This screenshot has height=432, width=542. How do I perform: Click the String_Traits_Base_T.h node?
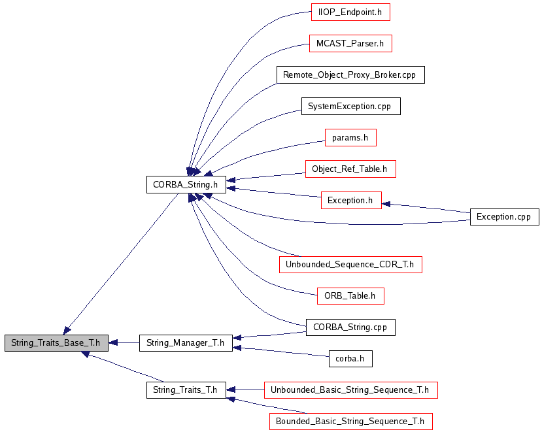coord(56,342)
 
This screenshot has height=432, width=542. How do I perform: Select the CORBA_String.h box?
coord(186,185)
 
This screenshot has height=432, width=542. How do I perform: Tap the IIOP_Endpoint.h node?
coord(350,12)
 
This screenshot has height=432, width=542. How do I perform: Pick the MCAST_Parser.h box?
coord(350,44)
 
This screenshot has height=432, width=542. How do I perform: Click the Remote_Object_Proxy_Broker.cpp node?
coord(350,75)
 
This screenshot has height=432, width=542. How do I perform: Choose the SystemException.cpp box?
coord(350,107)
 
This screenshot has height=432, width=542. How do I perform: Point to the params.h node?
coord(350,138)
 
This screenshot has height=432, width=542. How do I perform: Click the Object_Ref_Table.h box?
coord(350,169)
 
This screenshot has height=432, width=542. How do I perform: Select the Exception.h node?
coord(350,201)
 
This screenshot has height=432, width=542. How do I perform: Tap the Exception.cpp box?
coord(504,216)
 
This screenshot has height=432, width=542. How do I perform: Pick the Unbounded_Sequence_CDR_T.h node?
coord(350,264)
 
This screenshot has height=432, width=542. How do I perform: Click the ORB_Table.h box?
coord(350,295)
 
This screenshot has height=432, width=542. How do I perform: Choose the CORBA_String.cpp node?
coord(350,327)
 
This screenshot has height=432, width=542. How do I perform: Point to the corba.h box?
coord(350,358)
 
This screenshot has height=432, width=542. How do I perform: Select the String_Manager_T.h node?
coord(186,342)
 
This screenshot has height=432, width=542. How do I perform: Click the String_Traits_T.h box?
coord(186,390)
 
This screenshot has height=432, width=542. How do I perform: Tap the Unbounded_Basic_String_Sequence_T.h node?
coord(350,390)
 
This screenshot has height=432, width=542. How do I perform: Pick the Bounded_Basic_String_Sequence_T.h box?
coord(350,422)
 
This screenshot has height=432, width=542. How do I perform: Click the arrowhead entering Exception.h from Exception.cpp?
coord(386,204)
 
